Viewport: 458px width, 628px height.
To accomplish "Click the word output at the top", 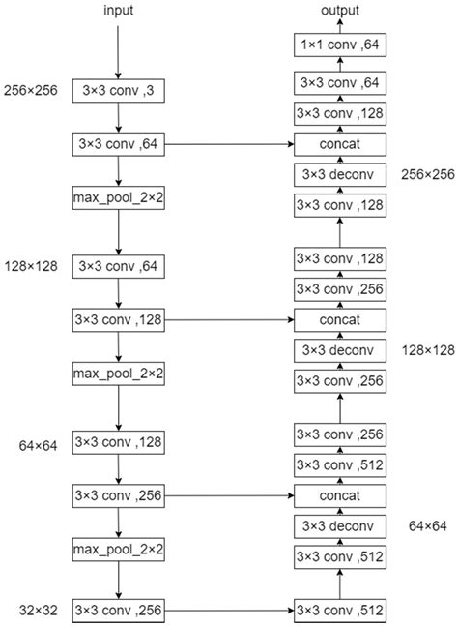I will pos(340,11).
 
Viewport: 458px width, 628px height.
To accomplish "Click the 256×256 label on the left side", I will pos(30,90).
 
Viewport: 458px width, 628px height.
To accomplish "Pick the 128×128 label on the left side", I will pos(30,263).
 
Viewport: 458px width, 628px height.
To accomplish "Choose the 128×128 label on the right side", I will pos(425,349).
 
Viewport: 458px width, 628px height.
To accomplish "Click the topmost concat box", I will pos(340,144).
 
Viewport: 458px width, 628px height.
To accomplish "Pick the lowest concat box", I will pos(340,495).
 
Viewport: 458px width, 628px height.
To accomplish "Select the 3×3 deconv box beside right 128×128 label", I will pos(340,349).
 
